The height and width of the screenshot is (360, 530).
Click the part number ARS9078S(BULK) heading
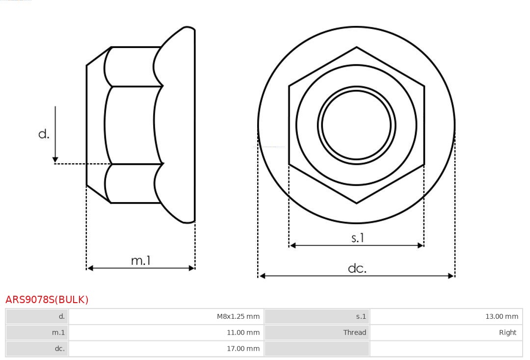(x=47, y=300)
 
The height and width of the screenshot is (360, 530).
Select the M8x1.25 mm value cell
(x=238, y=316)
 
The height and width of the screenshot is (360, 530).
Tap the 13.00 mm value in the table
(x=502, y=316)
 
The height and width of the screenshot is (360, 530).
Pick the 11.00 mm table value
(x=243, y=333)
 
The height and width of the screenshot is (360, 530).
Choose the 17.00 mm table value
(x=243, y=349)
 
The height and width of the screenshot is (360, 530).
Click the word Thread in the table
(x=355, y=333)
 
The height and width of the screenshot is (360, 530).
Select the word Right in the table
(x=508, y=333)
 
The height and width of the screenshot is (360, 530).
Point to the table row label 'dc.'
(x=59, y=349)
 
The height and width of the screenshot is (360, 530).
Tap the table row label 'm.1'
(x=58, y=333)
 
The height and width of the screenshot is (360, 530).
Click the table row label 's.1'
(x=361, y=316)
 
